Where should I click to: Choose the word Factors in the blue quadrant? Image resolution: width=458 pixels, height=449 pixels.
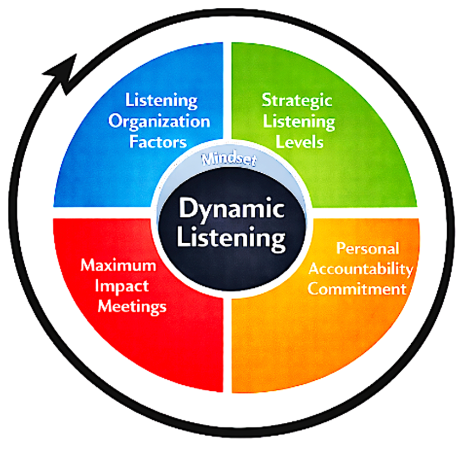click(x=157, y=142)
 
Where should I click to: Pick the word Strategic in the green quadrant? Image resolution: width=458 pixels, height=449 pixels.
click(x=296, y=100)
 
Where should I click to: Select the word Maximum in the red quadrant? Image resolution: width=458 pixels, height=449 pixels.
click(x=118, y=266)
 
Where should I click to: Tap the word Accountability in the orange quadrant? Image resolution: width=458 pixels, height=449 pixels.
click(x=360, y=269)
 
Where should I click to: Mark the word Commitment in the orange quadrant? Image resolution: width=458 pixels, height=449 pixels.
click(x=357, y=289)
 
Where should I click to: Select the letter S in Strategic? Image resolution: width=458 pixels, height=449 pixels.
click(x=267, y=99)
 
